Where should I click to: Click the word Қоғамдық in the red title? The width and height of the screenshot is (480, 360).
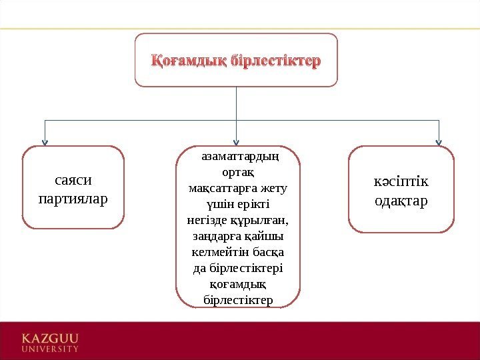[190, 61]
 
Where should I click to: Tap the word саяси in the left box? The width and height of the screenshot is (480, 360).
[73, 180]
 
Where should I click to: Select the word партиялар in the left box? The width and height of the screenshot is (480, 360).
[73, 199]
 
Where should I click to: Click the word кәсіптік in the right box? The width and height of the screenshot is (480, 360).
[401, 182]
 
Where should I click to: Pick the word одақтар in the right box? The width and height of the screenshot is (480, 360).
[401, 201]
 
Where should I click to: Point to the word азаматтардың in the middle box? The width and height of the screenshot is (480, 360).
[239, 157]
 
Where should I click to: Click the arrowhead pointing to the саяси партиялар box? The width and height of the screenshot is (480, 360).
[45, 141]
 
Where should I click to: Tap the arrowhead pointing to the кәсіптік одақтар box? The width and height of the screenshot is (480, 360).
[439, 141]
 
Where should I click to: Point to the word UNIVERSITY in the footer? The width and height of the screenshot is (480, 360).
[51, 348]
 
